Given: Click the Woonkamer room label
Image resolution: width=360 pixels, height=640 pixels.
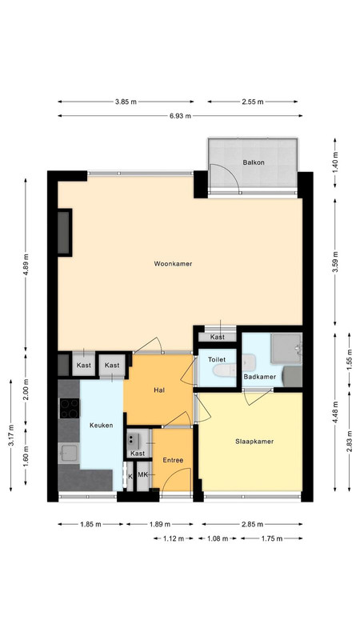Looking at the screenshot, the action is [173, 264].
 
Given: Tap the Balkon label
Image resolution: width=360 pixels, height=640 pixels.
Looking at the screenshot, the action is [254, 162].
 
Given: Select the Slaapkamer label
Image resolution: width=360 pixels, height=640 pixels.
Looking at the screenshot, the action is [254, 442].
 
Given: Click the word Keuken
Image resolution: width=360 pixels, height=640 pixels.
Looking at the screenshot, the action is [102, 426].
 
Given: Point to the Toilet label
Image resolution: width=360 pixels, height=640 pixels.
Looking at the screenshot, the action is [217, 359].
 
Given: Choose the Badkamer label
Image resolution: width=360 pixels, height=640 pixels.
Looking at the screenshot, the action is [259, 377].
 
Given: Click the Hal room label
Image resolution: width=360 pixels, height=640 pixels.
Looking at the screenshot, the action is [159, 390].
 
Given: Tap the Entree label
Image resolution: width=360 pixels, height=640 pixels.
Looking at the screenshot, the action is [173, 460].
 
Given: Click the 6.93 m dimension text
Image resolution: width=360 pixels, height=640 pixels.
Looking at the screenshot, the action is [181, 115].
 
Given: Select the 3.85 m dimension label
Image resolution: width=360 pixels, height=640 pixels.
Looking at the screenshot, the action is [126, 102].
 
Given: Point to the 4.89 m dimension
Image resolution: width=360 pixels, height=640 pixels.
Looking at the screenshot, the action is [26, 265].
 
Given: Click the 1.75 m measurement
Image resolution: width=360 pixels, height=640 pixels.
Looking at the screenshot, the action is [272, 538].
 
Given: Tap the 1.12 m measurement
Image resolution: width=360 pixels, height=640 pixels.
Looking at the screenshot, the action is [173, 538].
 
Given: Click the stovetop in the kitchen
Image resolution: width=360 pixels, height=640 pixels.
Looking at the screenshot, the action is [70, 409].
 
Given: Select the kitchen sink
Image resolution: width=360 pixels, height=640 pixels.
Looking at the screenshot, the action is [68, 453].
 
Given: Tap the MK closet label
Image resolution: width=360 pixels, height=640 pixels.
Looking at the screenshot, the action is [142, 474].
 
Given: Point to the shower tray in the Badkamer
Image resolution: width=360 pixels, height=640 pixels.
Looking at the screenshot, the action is [286, 349].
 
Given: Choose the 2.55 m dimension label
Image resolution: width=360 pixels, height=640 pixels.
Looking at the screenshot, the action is [252, 102].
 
